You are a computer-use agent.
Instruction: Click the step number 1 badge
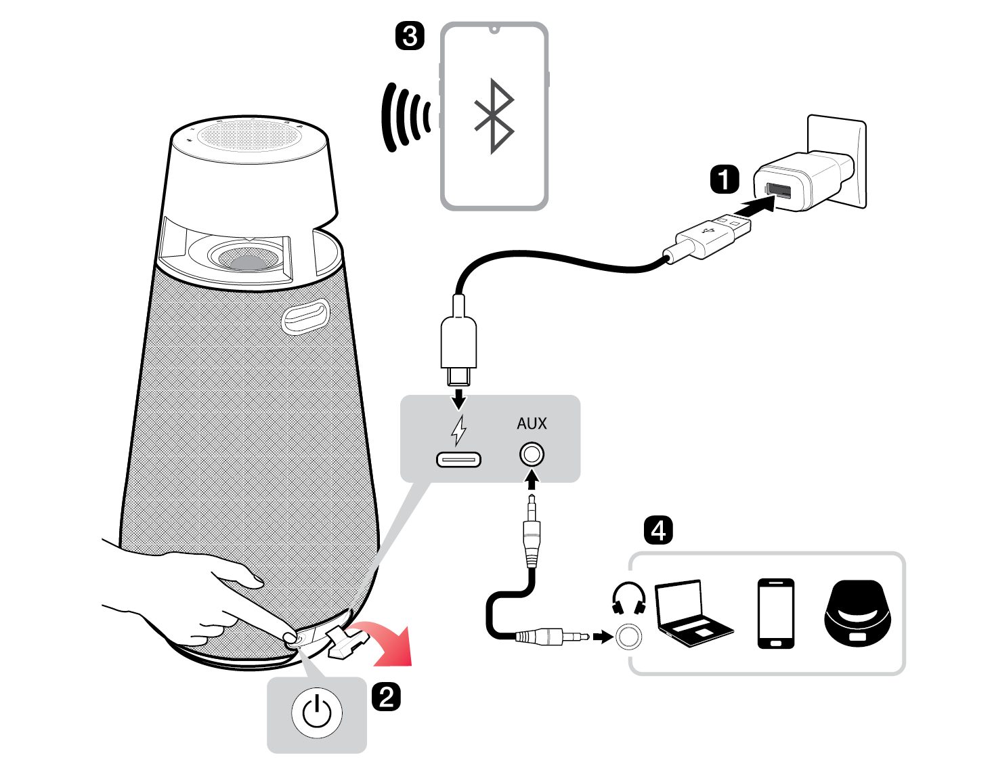coord(724,180)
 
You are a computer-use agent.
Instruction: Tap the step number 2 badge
coord(386,697)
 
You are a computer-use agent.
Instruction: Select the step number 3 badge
coord(410,35)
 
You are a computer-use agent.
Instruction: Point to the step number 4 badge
coord(658,530)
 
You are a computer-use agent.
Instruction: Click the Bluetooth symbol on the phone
coord(494,116)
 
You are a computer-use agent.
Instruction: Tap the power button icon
coord(316,713)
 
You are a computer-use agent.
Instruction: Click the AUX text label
coord(532,424)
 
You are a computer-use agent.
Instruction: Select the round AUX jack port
coord(532,454)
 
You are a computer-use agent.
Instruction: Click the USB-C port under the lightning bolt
coord(458,460)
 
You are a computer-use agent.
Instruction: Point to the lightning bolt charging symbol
coord(459,430)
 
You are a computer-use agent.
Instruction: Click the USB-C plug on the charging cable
coord(458,345)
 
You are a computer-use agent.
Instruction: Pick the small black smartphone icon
coord(775,613)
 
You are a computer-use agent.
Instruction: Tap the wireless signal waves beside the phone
coord(405,117)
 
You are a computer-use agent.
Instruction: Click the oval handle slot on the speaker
coord(305,316)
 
